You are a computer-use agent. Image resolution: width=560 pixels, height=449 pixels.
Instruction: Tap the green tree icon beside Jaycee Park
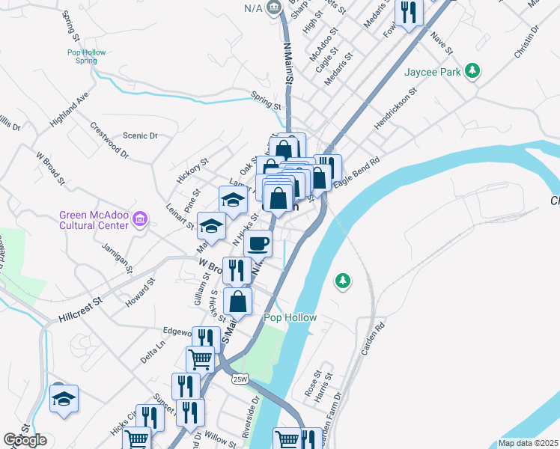[x=472, y=71]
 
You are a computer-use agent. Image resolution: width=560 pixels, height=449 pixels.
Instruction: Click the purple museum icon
[x=139, y=219]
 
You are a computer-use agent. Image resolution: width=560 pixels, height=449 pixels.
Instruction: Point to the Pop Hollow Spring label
[x=86, y=56]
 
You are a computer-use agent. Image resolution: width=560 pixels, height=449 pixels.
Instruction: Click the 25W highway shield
[x=240, y=379]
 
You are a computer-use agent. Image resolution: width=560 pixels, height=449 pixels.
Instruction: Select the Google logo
[x=25, y=440]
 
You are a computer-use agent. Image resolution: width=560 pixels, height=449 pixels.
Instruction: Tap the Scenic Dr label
[x=141, y=135]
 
